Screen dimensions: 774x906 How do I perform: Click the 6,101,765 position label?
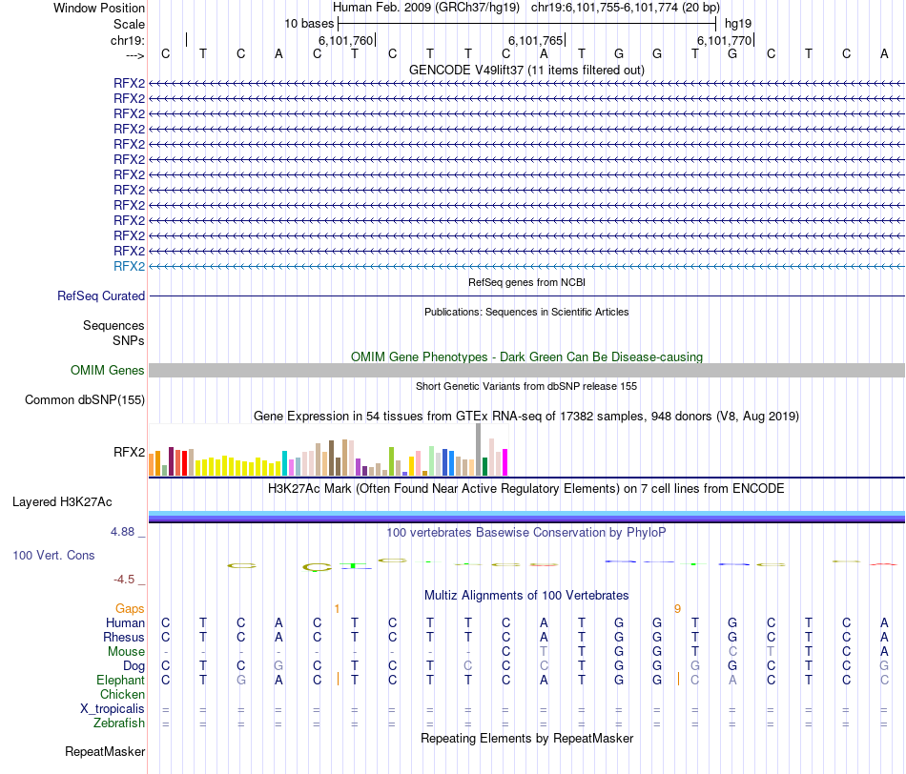pyautogui.click(x=535, y=40)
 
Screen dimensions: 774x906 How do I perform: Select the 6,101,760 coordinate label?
pyautogui.click(x=345, y=40)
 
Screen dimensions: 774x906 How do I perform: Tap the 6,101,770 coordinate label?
pyautogui.click(x=725, y=40)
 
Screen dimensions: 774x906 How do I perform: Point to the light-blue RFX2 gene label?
pyautogui.click(x=129, y=266)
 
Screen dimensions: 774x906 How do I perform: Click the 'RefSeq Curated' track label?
pyautogui.click(x=101, y=296)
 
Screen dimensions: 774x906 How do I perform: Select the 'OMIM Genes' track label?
pyautogui.click(x=108, y=370)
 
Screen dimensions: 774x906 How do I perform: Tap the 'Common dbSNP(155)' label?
pyautogui.click(x=85, y=399)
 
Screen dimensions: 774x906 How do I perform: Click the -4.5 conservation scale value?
pyautogui.click(x=127, y=579)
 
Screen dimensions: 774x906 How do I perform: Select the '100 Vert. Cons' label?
pyautogui.click(x=53, y=555)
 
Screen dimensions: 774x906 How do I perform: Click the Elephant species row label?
pyautogui.click(x=120, y=680)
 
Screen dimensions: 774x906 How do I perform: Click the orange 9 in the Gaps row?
pyautogui.click(x=677, y=608)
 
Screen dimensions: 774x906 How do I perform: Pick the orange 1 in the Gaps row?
pyautogui.click(x=337, y=608)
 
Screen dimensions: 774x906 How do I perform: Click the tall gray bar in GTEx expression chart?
pyautogui.click(x=478, y=449)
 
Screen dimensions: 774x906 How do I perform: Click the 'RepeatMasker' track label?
pyautogui.click(x=105, y=752)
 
